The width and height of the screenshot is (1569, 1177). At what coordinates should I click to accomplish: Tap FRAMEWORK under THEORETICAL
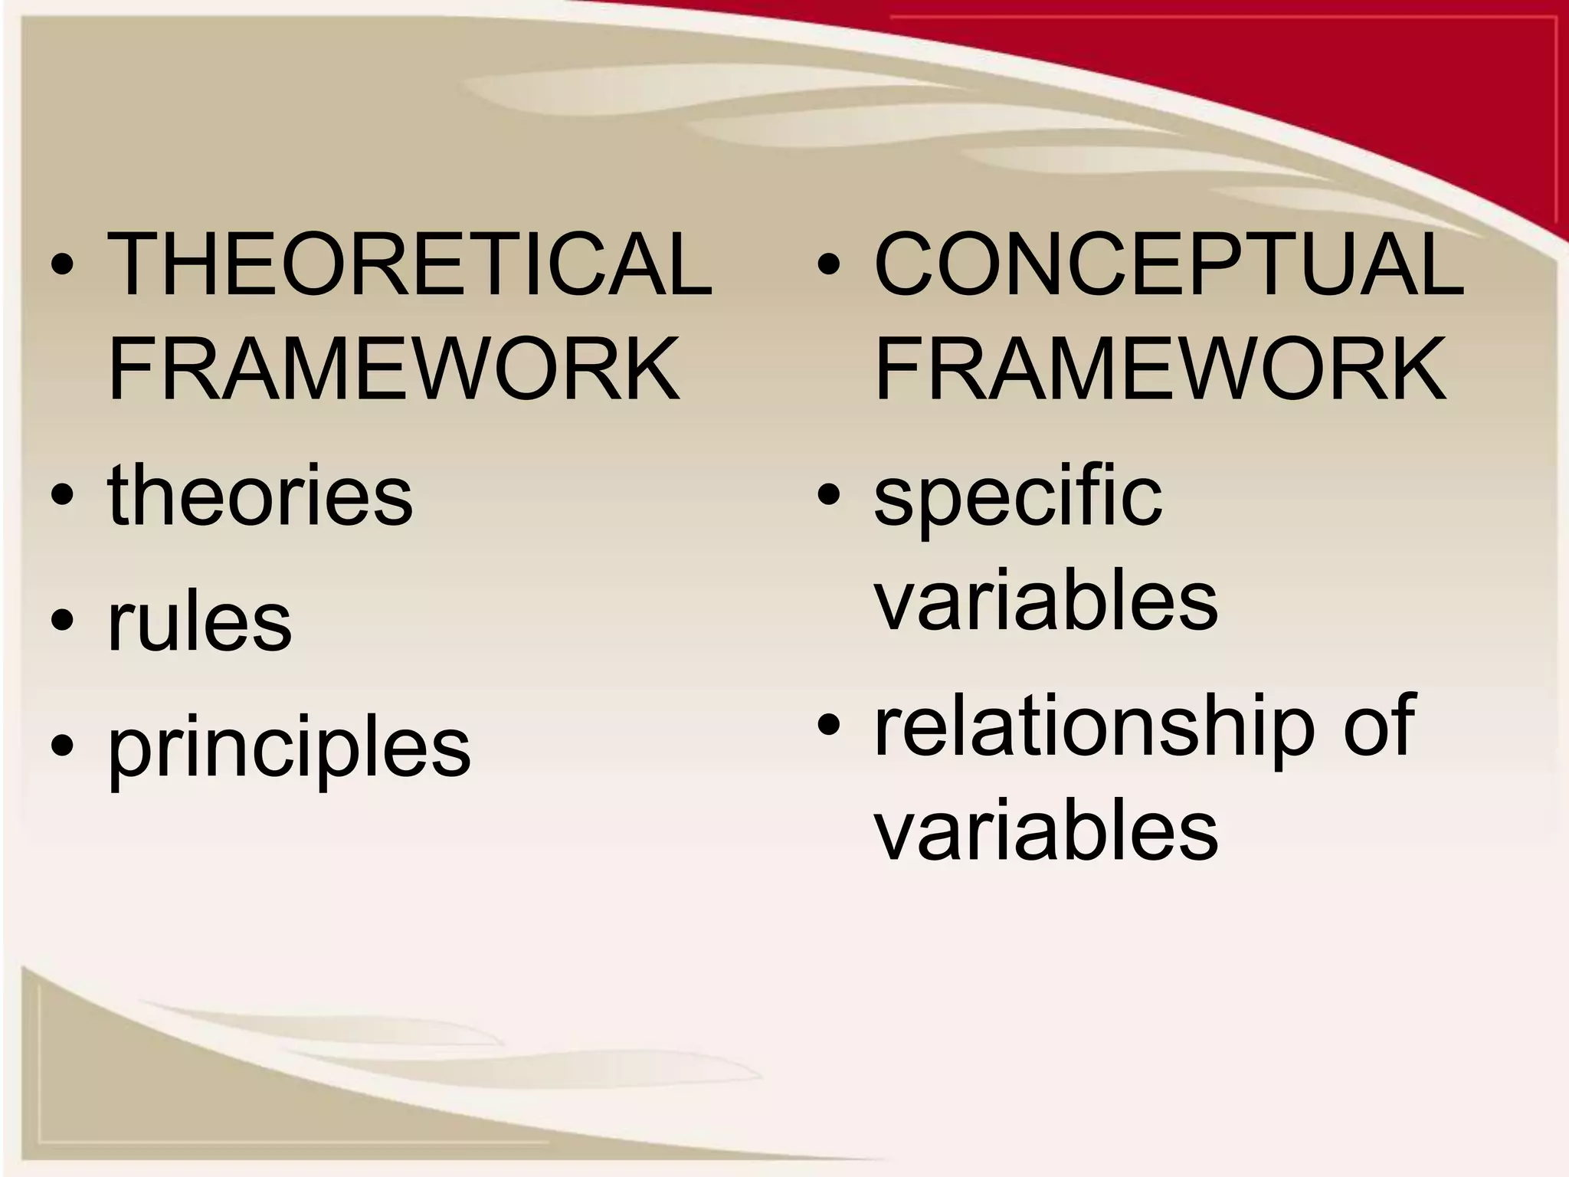pyautogui.click(x=394, y=370)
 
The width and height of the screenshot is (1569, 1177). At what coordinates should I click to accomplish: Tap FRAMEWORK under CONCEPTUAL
pyautogui.click(x=1160, y=370)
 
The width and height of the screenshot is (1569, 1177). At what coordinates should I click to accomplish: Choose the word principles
pyautogui.click(x=289, y=747)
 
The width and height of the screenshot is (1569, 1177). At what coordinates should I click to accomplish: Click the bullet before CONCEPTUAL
pyautogui.click(x=829, y=267)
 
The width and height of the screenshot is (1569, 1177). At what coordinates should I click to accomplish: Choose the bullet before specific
pyautogui.click(x=829, y=497)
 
